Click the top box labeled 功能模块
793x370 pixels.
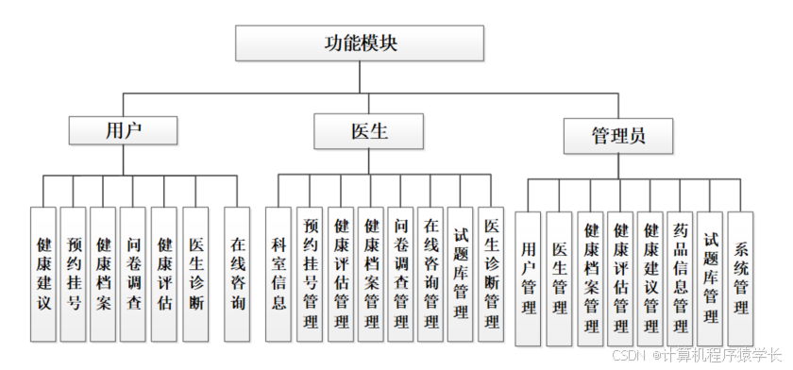click(x=360, y=42)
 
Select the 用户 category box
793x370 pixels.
click(x=123, y=130)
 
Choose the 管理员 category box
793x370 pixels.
click(x=618, y=136)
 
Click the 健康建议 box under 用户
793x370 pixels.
click(x=43, y=274)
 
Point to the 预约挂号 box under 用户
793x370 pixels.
click(x=74, y=274)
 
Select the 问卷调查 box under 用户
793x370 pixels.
click(x=134, y=274)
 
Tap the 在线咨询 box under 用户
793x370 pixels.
click(x=238, y=274)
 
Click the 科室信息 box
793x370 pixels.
click(x=278, y=274)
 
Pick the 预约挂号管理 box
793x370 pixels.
click(x=310, y=274)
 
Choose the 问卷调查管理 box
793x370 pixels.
click(x=400, y=274)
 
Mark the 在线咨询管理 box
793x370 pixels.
click(x=430, y=274)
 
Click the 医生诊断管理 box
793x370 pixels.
click(x=491, y=274)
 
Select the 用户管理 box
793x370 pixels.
click(x=529, y=277)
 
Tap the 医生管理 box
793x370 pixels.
click(x=559, y=277)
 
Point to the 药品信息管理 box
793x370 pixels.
click(x=680, y=277)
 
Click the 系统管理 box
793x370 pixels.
click(x=741, y=277)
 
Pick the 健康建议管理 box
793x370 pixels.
click(x=650, y=277)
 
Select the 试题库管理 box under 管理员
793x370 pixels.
click(x=710, y=277)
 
